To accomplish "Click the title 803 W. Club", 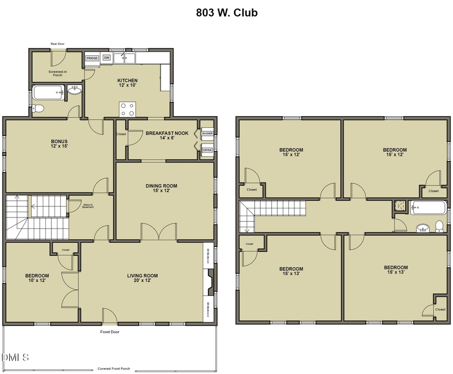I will (226, 13).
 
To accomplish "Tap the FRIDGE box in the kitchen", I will (92, 58).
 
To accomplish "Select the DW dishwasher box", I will (107, 58).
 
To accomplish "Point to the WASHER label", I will (207, 134).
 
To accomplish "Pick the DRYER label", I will (207, 150).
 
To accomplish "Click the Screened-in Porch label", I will (57, 74).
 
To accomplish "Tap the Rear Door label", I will (57, 44).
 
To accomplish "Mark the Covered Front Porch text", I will (114, 368).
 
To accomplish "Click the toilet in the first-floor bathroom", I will (38, 108).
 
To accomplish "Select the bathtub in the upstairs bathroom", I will (428, 206).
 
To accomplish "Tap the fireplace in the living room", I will (211, 282).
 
